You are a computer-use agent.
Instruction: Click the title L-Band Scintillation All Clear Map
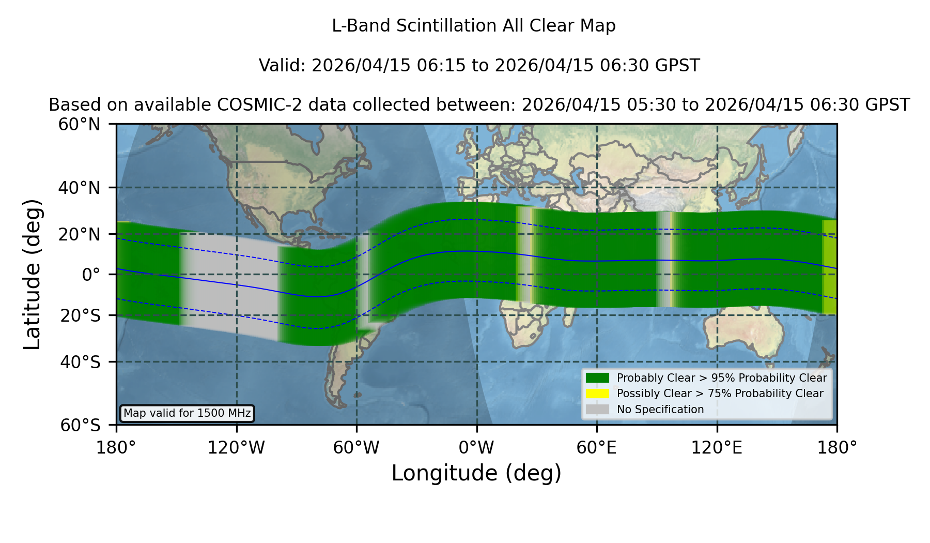474,26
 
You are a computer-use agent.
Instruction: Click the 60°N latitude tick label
79,125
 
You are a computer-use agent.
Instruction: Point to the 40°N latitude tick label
79,188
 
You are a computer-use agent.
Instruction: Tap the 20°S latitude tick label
81,315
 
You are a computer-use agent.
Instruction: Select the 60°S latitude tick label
81,425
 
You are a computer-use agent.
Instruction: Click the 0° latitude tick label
91,275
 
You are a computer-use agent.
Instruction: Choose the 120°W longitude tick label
236,448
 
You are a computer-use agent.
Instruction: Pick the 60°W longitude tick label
357,448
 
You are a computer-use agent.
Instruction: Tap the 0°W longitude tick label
476,448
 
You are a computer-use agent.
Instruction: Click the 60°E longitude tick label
597,448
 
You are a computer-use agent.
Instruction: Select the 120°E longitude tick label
717,448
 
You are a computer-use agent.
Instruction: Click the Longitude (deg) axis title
476,473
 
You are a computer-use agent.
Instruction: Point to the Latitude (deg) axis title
32,274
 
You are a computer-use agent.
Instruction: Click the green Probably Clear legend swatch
597,378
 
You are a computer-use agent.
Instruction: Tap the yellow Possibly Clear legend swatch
597,394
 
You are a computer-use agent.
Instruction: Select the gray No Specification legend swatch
597,410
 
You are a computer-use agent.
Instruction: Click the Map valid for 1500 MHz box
187,413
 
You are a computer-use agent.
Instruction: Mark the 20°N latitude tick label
79,234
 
